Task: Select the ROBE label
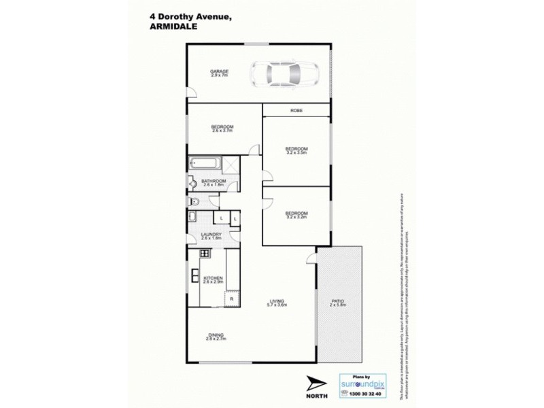click(296, 110)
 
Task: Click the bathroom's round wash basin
click(192, 184)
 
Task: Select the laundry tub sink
click(192, 218)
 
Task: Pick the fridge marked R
click(232, 299)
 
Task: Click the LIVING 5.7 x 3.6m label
click(277, 303)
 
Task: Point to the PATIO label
click(339, 303)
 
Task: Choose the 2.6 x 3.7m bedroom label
click(222, 129)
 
